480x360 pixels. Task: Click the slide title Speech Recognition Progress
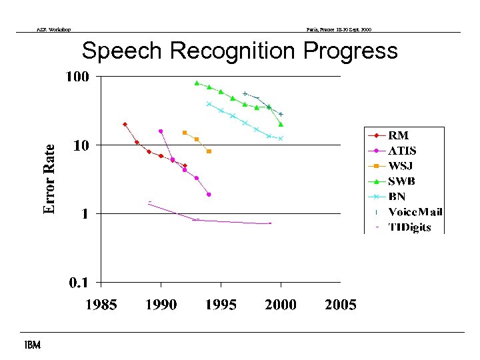click(x=239, y=51)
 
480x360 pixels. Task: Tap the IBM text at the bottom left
click(x=31, y=345)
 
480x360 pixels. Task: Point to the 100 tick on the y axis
click(x=77, y=77)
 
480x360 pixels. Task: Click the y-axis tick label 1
click(x=84, y=214)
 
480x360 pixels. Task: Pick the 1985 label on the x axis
click(x=101, y=305)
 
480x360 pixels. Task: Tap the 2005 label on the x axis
click(x=341, y=305)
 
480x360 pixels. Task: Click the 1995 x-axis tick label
click(x=221, y=305)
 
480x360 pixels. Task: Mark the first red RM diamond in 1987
click(x=125, y=124)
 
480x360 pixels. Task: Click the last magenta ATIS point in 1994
click(x=209, y=195)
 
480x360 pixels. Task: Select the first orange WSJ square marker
click(x=185, y=133)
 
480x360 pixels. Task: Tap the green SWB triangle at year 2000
click(x=281, y=124)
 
